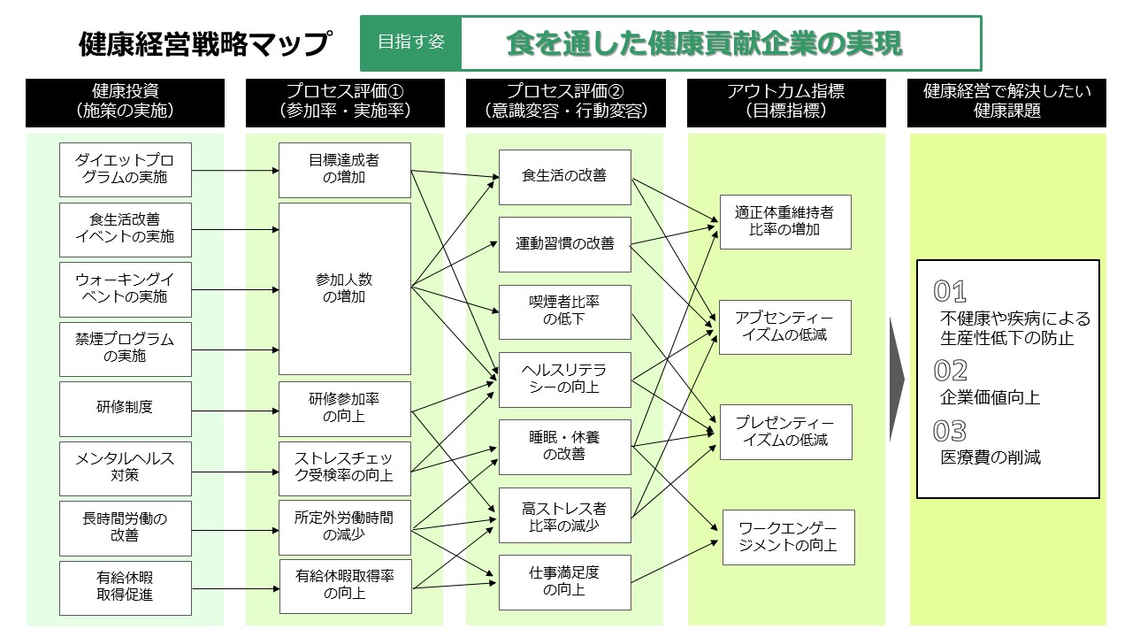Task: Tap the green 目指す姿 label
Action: (411, 42)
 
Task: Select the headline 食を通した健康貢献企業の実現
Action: (704, 43)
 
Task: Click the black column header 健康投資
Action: (125, 101)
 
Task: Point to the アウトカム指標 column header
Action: (786, 101)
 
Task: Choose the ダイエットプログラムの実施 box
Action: (125, 170)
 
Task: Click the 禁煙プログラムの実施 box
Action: (125, 349)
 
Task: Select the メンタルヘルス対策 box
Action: (125, 467)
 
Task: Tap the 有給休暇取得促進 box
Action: (125, 586)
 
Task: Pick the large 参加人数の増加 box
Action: (345, 288)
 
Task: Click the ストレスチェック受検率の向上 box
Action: (345, 467)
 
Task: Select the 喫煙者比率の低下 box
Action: (564, 311)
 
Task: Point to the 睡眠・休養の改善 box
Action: (564, 446)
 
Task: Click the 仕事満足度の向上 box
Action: (564, 582)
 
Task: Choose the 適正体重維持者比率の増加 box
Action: (785, 221)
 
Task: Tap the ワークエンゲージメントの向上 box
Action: (789, 537)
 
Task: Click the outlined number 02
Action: (951, 371)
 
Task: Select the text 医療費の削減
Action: (990, 457)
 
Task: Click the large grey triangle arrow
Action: (898, 378)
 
